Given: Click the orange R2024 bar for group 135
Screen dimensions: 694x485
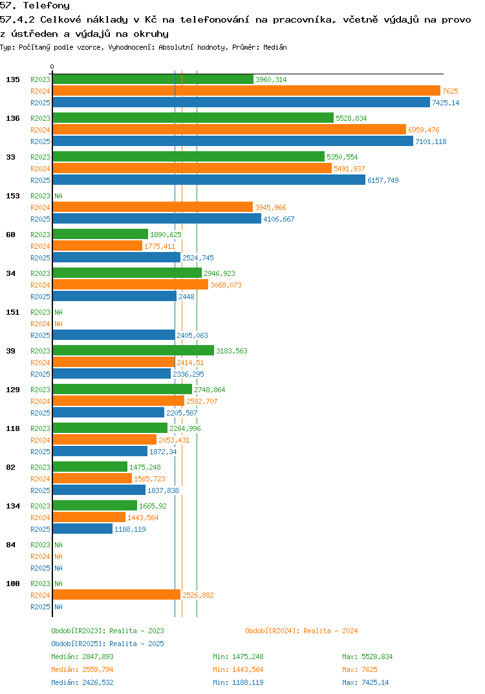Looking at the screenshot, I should pos(246,91).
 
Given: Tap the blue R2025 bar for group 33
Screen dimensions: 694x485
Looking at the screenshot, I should pos(208,180).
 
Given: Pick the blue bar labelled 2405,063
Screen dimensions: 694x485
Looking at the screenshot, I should pos(113,335).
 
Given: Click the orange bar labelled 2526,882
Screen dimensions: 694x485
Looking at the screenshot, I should pos(116,595).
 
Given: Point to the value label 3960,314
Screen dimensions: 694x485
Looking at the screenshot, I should pos(271,79).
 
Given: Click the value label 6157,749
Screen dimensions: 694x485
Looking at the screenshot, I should pos(383,180).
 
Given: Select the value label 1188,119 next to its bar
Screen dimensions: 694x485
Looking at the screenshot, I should pos(130,529).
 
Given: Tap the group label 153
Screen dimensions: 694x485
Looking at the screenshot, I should pos(12,196).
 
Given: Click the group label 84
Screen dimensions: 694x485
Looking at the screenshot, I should pos(10,545).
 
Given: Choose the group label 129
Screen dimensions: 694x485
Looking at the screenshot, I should pos(12,390).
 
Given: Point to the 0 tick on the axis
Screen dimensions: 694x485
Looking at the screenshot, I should pos(52,67).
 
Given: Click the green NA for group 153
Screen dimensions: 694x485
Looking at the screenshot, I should pos(58,196).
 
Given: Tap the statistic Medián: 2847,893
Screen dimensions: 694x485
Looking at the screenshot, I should pos(82,657).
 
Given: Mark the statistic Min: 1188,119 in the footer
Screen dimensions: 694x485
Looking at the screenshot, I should pos(238,682).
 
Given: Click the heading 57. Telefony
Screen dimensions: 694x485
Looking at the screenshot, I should pos(35,6).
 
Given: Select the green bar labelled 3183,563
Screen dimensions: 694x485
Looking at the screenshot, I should pos(133,351).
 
